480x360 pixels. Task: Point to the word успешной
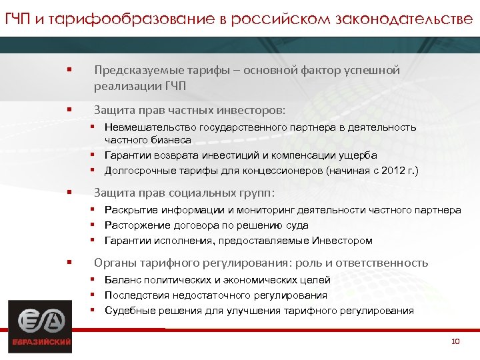click(371, 70)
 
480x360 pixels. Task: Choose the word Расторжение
click(135, 225)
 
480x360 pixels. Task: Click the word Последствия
click(136, 295)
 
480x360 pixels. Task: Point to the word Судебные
click(129, 311)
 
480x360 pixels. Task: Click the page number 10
click(456, 341)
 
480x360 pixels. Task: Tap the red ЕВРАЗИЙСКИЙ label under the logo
click(41, 343)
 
